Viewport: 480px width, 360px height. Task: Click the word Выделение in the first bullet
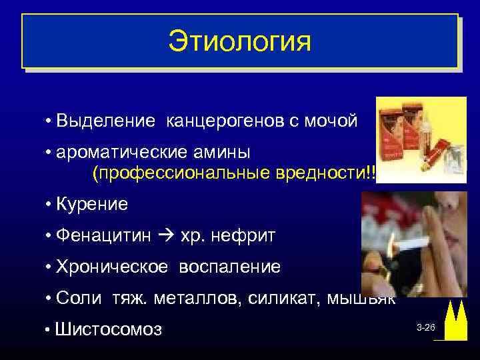107,121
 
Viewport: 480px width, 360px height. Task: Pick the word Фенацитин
101,235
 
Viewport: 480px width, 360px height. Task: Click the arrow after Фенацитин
161,235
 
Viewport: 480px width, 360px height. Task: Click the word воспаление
229,267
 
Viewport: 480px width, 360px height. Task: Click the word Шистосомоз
109,329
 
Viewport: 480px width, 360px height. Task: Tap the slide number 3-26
425,328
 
